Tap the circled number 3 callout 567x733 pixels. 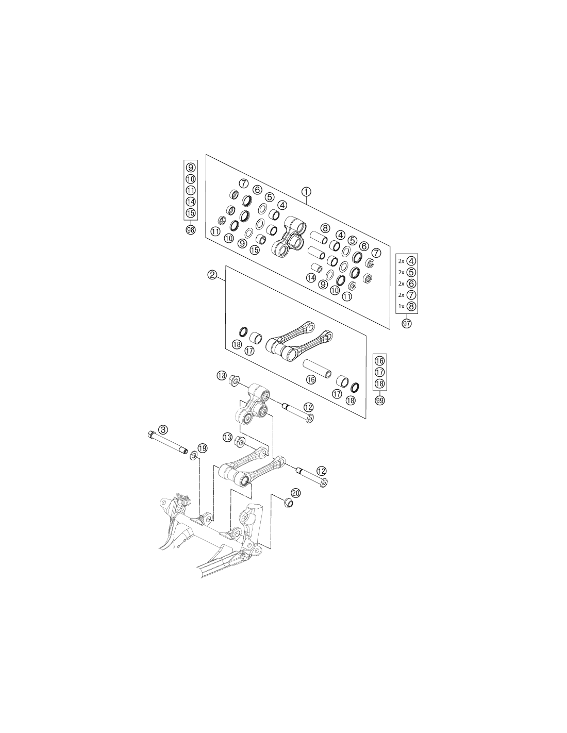coord(163,429)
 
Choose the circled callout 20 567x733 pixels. coord(296,493)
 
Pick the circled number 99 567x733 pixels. coord(380,400)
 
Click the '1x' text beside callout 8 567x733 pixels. coord(401,307)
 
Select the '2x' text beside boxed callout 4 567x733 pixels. coord(401,261)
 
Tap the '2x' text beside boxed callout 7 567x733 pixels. coord(401,295)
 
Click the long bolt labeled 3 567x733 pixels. coord(168,442)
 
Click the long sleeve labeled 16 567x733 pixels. coord(316,369)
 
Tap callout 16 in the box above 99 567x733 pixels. coord(380,361)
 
